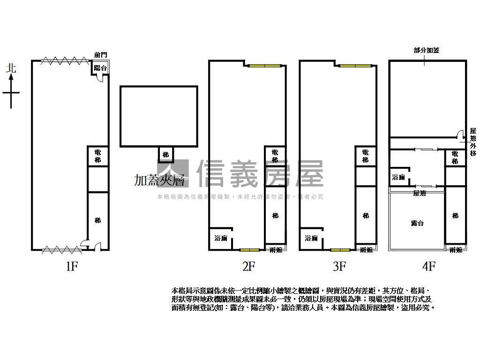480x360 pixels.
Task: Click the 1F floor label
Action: [71, 267]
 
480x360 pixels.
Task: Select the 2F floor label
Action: [248, 267]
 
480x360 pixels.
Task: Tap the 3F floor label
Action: [339, 267]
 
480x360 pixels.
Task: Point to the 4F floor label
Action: [428, 267]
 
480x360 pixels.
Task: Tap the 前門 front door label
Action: [100, 55]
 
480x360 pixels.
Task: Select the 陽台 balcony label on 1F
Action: [100, 68]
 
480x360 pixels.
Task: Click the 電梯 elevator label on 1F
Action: [97, 156]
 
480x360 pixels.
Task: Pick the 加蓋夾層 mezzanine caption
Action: [158, 180]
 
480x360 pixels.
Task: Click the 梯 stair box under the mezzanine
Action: [165, 154]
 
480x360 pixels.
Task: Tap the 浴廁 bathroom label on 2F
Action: [221, 238]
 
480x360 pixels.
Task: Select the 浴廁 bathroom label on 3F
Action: [311, 238]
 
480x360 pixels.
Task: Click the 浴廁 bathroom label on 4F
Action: [398, 178]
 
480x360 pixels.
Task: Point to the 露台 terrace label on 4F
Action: [417, 223]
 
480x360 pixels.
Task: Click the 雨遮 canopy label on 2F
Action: [276, 250]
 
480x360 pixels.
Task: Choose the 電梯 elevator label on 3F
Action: [365, 156]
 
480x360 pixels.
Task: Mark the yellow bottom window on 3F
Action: [340, 250]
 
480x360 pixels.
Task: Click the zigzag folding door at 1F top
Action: [65, 60]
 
